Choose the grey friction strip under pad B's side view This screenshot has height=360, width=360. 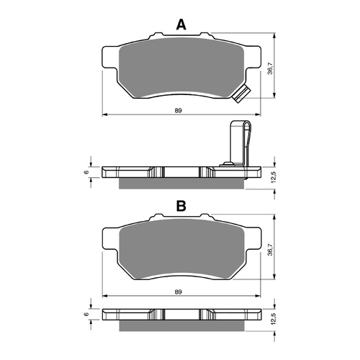(x=180, y=326)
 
